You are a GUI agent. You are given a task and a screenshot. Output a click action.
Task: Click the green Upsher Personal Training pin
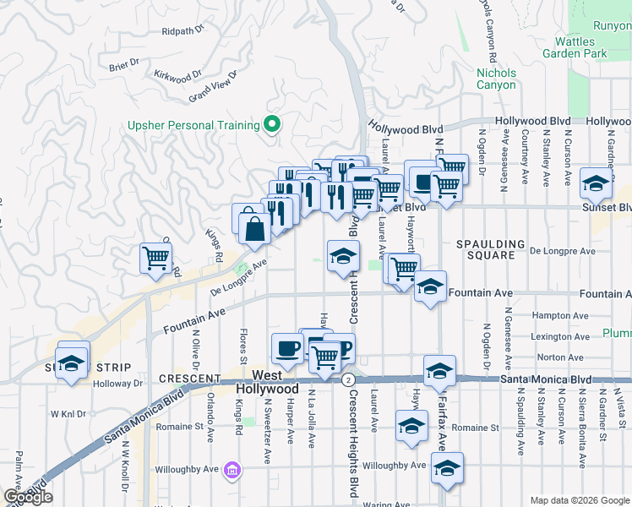coord(271,125)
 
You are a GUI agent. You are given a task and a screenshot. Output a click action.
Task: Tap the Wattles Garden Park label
coord(580,47)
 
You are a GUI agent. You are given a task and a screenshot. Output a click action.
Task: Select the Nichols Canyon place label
coord(496,79)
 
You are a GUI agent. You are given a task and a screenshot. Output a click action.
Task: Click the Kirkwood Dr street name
coord(178,75)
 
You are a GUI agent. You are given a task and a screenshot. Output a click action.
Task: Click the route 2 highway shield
coord(347,380)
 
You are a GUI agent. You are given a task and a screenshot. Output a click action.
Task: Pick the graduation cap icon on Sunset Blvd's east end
coord(596,183)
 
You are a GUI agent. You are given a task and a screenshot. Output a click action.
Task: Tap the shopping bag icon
coord(254,227)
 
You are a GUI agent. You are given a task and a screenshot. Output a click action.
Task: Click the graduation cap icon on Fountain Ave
coord(430,287)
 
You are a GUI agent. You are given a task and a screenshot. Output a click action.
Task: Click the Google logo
coord(28,497)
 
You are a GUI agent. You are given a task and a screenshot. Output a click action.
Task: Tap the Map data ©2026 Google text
coord(579,500)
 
